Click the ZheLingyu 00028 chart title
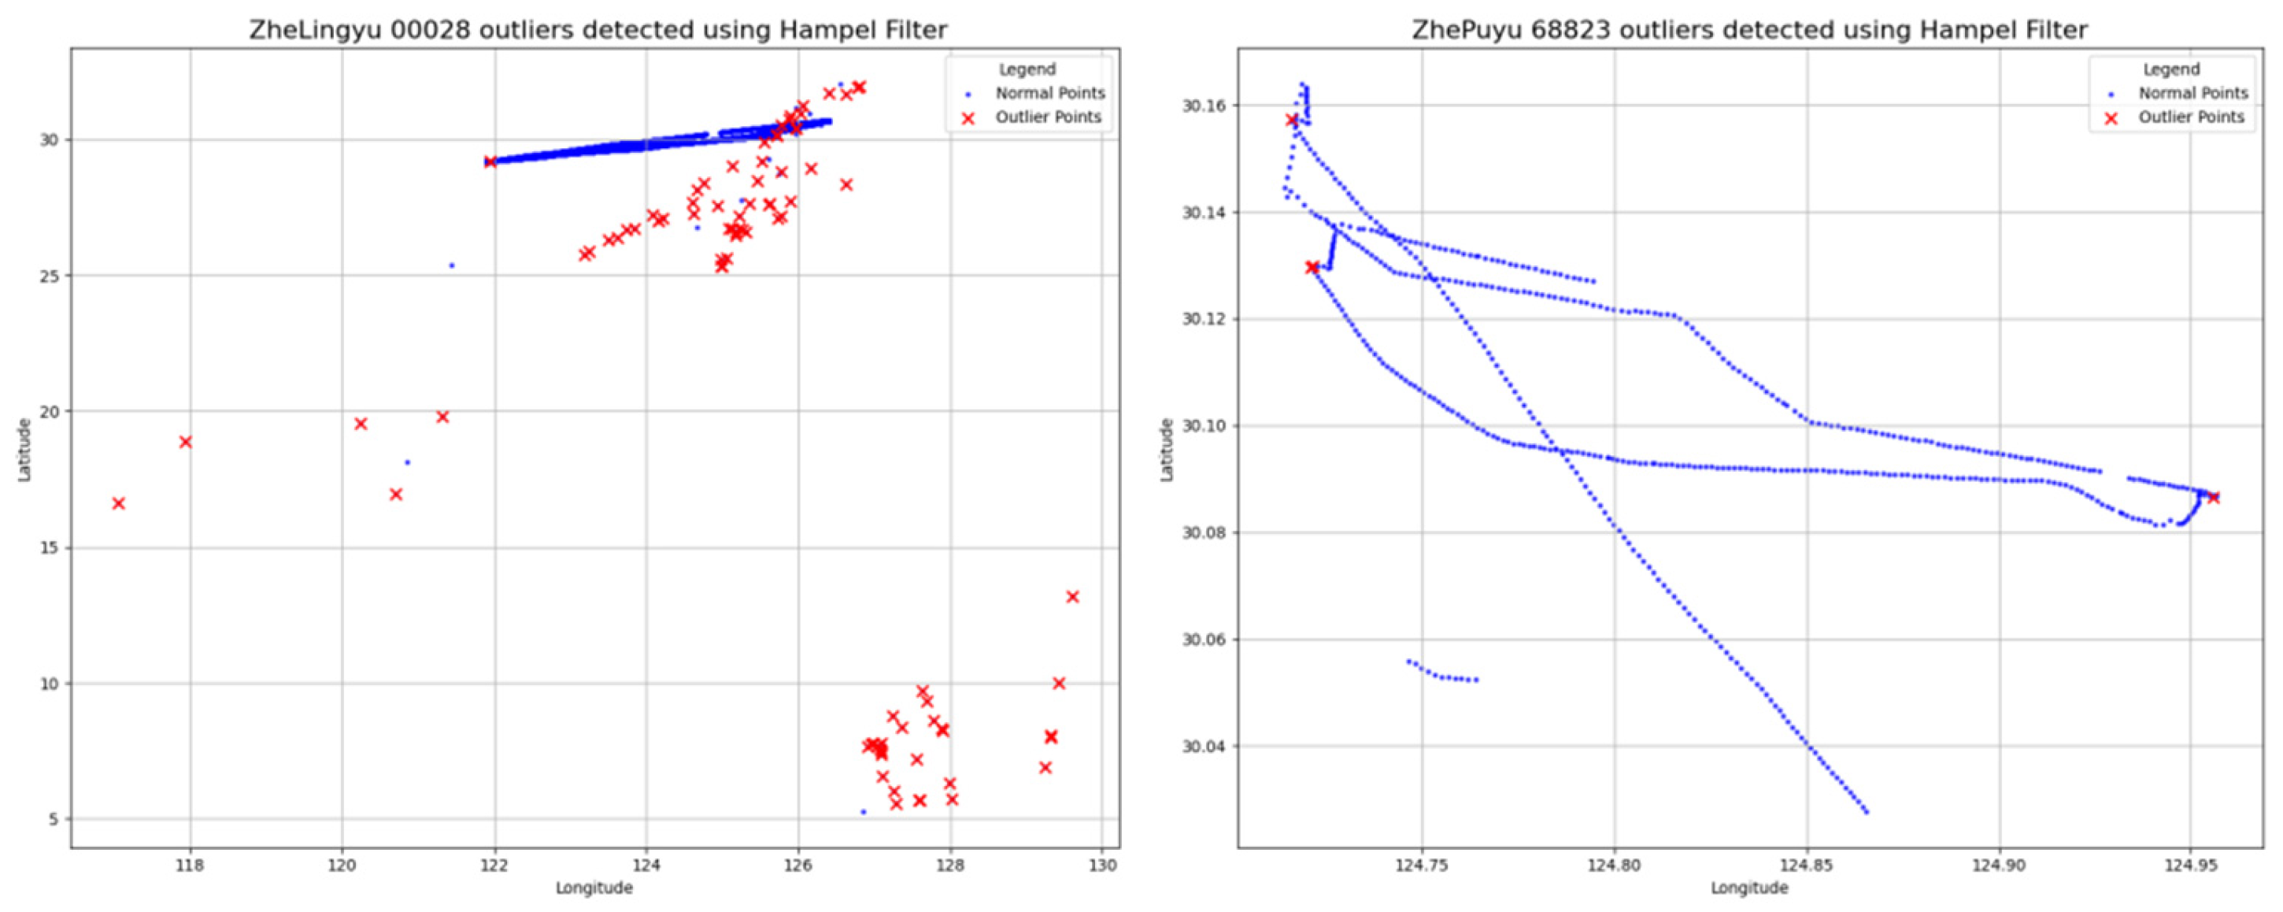pos(598,30)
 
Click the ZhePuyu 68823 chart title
pos(1749,30)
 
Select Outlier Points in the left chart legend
pos(1048,117)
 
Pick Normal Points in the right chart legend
pos(2192,93)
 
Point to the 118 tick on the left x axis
pos(190,865)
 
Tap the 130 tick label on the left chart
pos(1102,865)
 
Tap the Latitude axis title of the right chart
pos(1167,450)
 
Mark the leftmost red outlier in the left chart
pos(119,503)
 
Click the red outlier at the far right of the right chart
pos(2213,497)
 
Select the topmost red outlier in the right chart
pos(1292,120)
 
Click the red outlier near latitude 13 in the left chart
pos(1072,596)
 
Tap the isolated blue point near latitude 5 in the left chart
pos(864,812)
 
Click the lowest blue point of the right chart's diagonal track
pos(1867,811)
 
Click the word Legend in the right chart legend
pos(2171,69)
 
